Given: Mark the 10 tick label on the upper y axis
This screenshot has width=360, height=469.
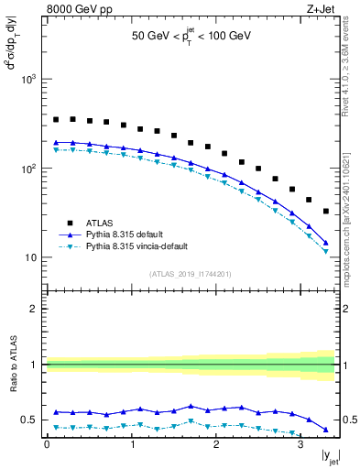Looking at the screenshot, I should click(32, 257).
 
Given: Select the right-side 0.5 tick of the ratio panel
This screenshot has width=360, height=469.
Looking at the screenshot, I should click(348, 420).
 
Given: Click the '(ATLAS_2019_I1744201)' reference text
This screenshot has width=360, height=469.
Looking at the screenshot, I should click(191, 274).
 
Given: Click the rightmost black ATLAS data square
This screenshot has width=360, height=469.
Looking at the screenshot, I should click(326, 212).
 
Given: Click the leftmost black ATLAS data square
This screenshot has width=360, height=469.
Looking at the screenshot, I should click(56, 119).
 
